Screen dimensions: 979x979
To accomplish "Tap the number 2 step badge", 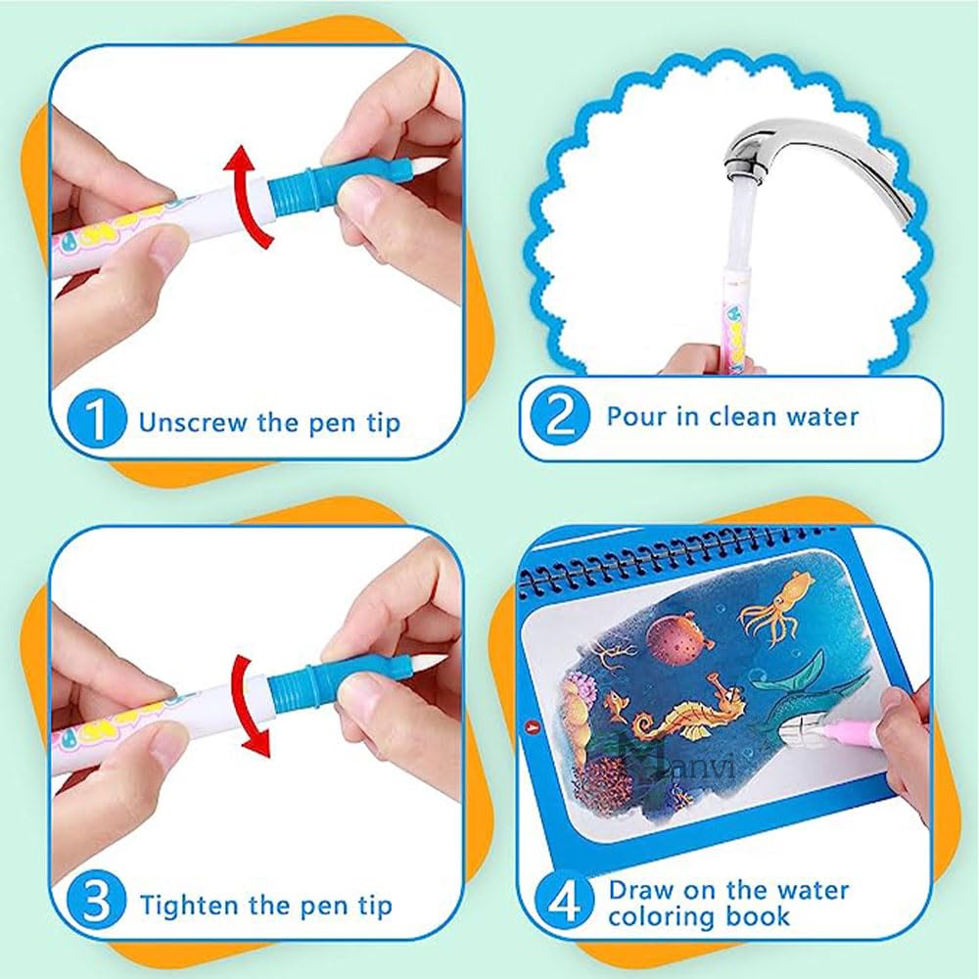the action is click(559, 414).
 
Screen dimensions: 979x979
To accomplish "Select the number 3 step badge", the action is click(97, 903).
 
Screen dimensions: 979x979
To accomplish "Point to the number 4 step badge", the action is click(564, 901).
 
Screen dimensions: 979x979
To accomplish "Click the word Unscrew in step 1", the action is click(193, 422).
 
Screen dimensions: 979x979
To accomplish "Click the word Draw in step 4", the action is click(644, 890).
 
